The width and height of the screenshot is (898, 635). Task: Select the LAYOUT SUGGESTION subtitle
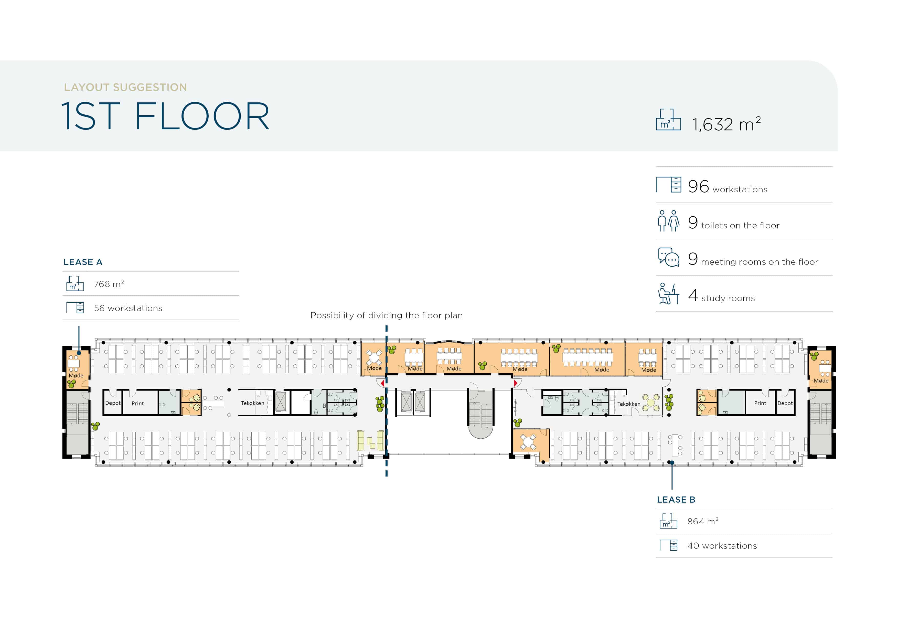(x=125, y=87)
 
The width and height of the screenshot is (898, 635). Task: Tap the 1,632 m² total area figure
(x=726, y=124)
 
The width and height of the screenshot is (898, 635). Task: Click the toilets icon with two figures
(x=668, y=221)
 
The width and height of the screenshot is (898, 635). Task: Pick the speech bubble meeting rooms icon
(x=669, y=257)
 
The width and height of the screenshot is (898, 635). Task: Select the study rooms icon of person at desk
(x=668, y=293)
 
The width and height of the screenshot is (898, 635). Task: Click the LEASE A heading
(x=83, y=262)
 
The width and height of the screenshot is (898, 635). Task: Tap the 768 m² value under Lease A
(x=109, y=284)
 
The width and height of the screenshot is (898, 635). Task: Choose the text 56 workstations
(x=128, y=308)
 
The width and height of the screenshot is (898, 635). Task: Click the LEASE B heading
(x=676, y=500)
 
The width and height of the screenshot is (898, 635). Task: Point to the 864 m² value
(x=702, y=521)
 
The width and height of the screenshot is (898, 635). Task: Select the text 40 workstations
(x=722, y=546)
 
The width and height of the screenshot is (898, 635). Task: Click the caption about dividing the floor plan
(x=387, y=315)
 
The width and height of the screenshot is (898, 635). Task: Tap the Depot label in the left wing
(x=113, y=403)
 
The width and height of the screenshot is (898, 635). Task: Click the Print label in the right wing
(x=760, y=403)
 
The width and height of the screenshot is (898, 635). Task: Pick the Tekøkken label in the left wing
(x=252, y=403)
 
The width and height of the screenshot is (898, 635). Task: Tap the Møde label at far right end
(x=821, y=381)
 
